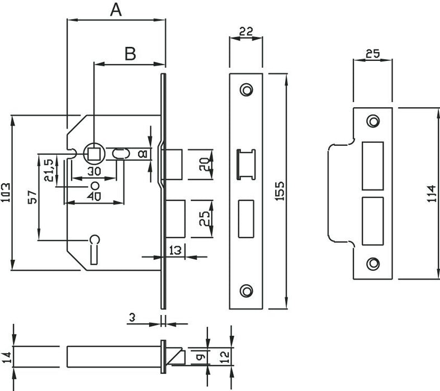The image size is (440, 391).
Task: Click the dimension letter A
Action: point(116,9)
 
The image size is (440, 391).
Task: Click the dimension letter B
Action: point(130,54)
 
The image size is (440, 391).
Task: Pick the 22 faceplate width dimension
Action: point(245,32)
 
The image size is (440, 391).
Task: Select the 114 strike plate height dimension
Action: point(432,193)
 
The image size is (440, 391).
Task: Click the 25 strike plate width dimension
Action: point(372,54)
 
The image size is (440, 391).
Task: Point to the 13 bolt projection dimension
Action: point(175,251)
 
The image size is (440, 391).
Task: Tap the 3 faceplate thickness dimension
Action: point(132,317)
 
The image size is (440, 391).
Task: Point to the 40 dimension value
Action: point(94,197)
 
